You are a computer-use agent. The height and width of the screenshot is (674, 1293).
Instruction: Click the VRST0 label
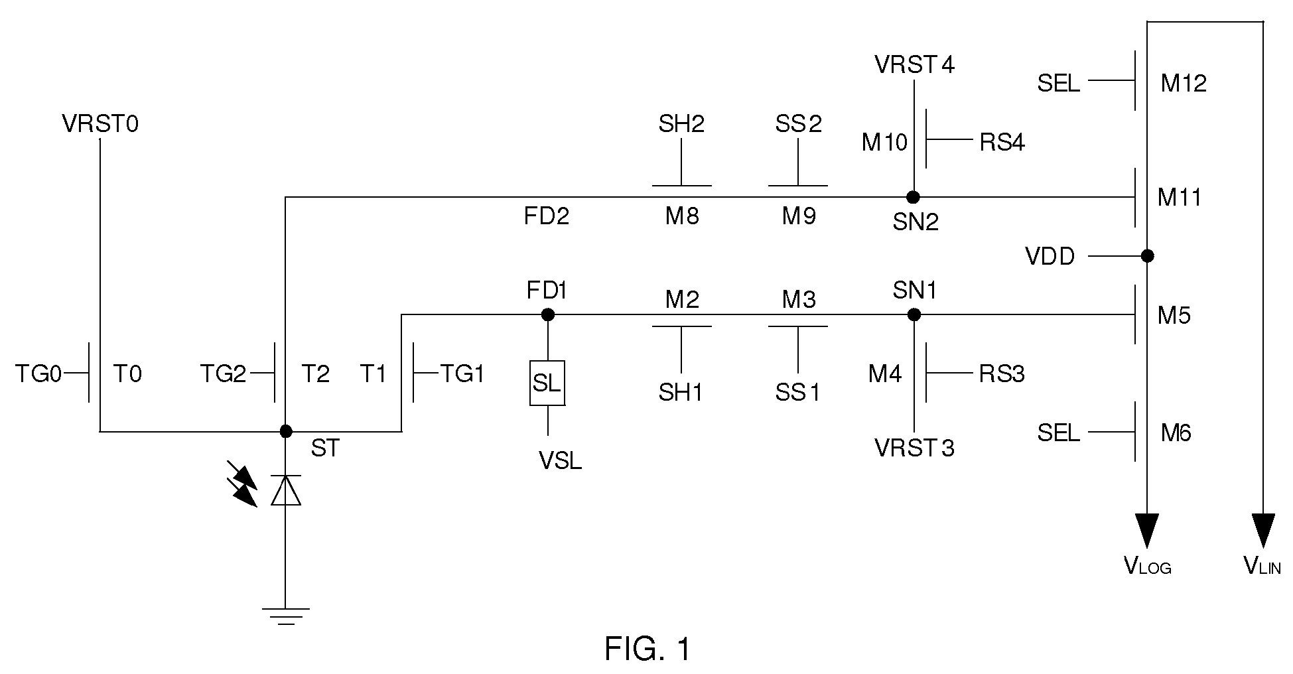[x=100, y=124]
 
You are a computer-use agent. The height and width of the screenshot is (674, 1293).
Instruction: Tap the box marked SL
[x=547, y=383]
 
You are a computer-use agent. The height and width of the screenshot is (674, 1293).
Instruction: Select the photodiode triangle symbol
[x=286, y=490]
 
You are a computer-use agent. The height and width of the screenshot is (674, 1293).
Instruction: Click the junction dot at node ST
[x=286, y=431]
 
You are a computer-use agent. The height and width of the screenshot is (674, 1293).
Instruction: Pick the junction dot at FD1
[x=548, y=314]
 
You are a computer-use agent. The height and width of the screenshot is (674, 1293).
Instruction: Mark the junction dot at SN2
[x=914, y=196]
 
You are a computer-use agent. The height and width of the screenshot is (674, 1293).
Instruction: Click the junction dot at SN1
[x=914, y=314]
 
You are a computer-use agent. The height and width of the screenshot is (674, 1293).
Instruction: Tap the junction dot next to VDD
[x=1147, y=255]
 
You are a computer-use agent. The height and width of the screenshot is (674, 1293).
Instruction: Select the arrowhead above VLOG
[x=1147, y=530]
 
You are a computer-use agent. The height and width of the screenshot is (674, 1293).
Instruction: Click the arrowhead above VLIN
[x=1263, y=530]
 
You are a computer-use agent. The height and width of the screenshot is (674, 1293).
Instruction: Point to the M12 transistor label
[x=1184, y=84]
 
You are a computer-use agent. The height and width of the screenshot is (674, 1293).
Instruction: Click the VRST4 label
[x=915, y=65]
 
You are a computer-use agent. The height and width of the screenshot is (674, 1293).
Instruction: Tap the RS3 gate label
[x=1002, y=374]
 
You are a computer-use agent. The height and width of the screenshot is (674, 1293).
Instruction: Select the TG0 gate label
[x=38, y=375]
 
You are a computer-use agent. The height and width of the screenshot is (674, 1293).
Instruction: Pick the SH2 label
[x=681, y=124]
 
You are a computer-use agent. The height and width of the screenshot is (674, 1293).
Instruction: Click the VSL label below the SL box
[x=561, y=461]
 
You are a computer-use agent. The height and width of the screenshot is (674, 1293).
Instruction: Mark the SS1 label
[x=798, y=393]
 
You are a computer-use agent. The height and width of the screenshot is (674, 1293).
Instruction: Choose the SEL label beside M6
[x=1059, y=433]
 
